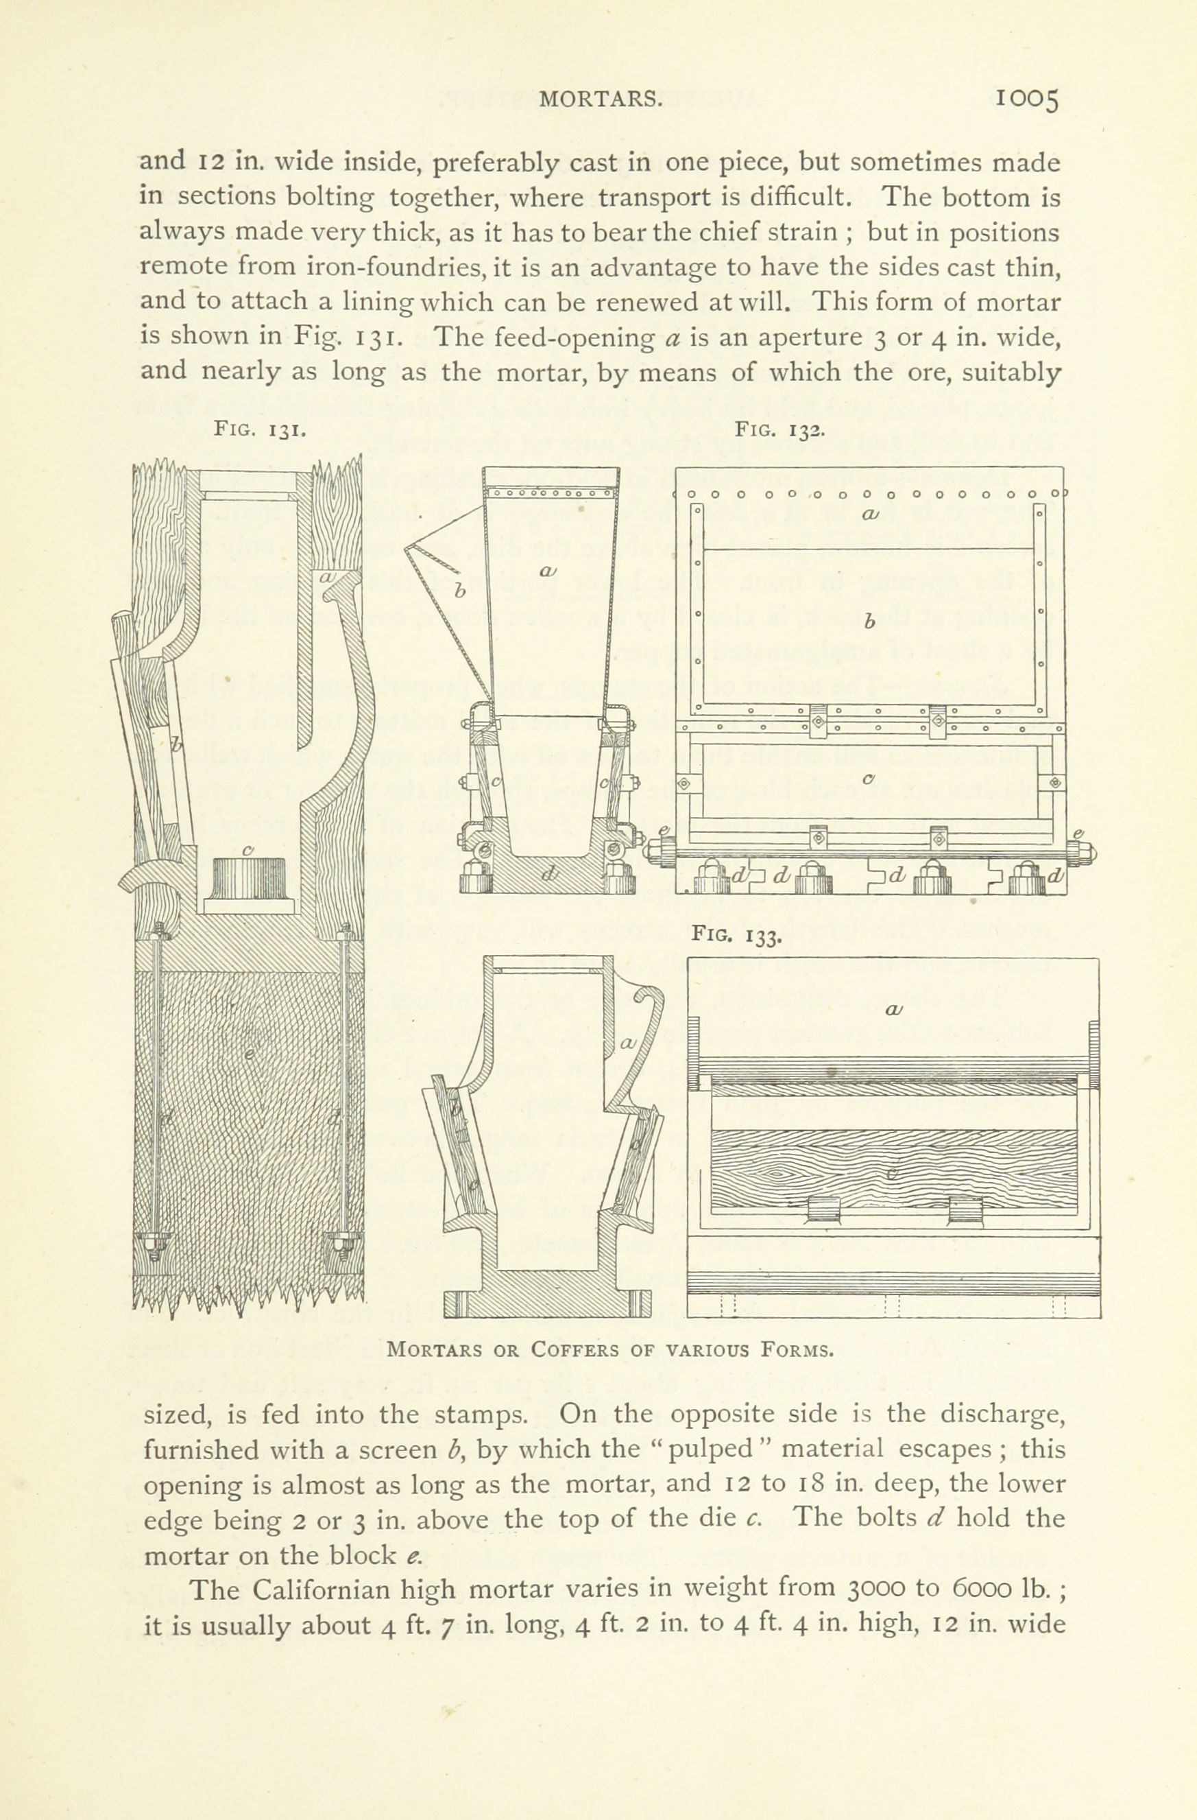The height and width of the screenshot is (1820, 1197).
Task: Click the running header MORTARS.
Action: pyautogui.click(x=599, y=99)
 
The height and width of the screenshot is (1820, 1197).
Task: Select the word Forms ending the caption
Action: pyautogui.click(x=795, y=1349)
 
